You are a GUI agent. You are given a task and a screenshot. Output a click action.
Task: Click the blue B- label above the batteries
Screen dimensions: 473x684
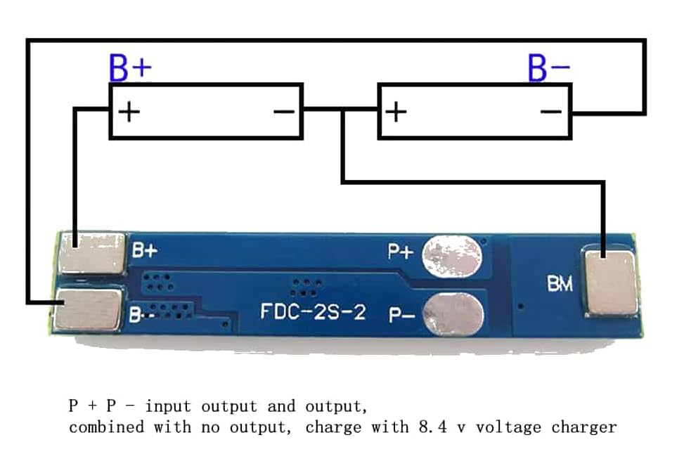click(549, 68)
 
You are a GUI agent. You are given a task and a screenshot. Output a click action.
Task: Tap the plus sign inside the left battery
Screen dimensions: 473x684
click(128, 111)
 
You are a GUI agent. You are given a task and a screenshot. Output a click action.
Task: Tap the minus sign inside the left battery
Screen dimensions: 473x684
click(284, 111)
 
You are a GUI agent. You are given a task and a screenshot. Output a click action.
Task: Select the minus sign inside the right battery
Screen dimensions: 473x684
click(553, 111)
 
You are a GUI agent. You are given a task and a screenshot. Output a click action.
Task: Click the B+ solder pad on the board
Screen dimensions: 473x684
click(92, 253)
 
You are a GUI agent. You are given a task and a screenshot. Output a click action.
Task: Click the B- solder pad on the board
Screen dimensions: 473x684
click(89, 310)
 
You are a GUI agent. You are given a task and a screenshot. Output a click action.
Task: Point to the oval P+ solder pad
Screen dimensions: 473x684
click(452, 256)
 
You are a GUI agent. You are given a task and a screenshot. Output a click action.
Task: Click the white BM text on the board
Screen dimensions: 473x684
click(560, 284)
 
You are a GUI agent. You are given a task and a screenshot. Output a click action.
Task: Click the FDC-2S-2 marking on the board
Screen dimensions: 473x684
click(313, 311)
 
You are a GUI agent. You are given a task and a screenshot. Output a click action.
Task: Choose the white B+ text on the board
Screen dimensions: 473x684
click(146, 250)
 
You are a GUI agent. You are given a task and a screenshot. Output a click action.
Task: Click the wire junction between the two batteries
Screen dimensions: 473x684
click(342, 111)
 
